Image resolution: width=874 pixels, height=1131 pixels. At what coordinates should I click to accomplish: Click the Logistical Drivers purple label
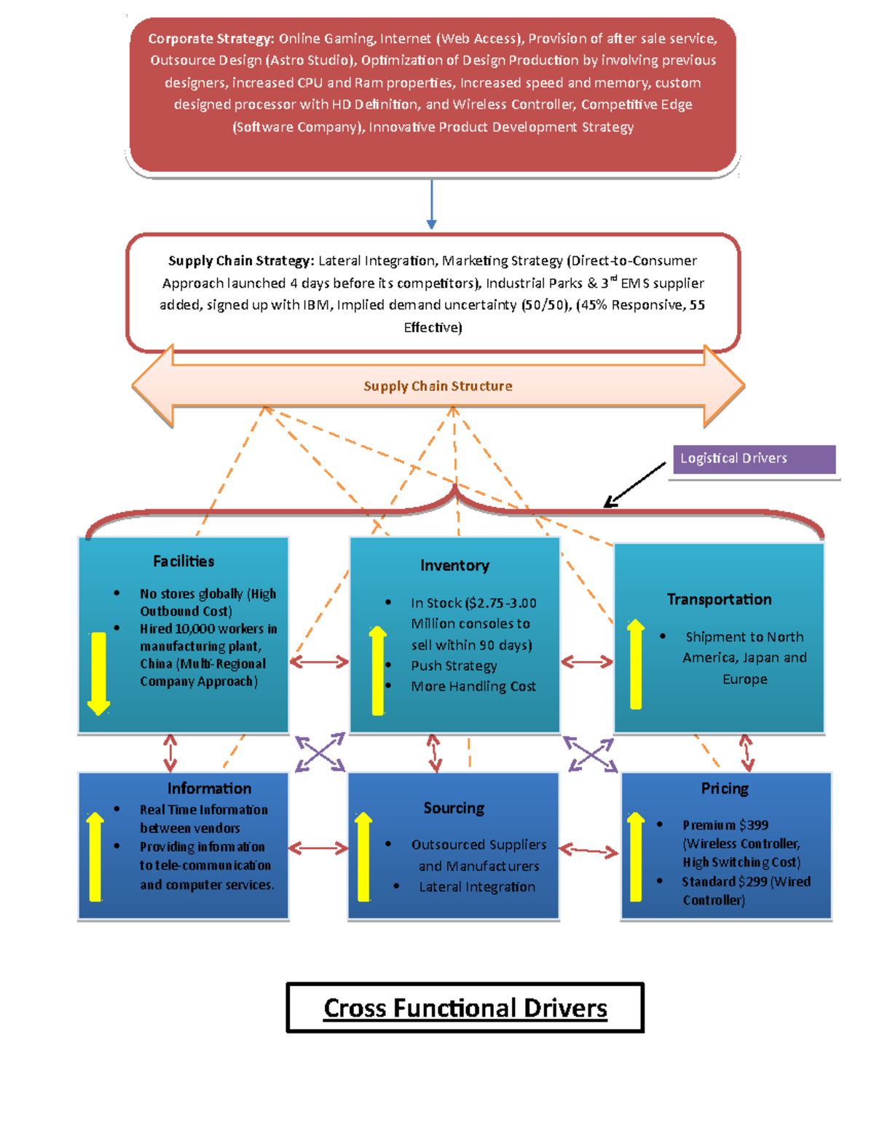tap(754, 459)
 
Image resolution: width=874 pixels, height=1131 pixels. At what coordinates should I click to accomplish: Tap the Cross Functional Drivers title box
tap(465, 1007)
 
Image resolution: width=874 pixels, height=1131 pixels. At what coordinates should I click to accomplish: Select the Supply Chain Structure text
tap(438, 386)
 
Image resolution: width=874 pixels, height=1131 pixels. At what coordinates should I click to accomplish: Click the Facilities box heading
tap(184, 561)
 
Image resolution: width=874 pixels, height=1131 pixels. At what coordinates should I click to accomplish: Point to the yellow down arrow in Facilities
tap(98, 674)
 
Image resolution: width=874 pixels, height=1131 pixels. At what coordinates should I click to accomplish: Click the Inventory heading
tap(454, 565)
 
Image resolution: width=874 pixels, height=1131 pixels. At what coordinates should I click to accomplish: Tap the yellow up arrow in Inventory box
tap(378, 671)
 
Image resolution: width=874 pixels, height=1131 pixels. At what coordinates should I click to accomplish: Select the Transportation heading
tap(719, 599)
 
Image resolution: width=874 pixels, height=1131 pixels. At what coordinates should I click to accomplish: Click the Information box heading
tap(209, 788)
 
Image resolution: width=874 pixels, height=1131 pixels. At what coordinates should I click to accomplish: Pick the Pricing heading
tap(725, 788)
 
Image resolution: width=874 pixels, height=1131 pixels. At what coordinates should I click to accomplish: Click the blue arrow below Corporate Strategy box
tap(431, 204)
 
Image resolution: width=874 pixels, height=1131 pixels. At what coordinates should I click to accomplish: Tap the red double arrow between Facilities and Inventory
tap(319, 661)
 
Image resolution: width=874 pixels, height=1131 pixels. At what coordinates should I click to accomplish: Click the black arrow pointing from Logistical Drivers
tap(634, 484)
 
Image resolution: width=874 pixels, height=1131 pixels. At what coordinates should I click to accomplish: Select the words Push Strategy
tap(454, 666)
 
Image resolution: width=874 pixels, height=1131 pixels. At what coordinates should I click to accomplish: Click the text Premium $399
tap(725, 825)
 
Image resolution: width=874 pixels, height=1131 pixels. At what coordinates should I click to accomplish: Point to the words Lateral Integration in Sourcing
tap(477, 886)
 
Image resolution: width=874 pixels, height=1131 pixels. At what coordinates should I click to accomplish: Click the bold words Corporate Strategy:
tap(211, 39)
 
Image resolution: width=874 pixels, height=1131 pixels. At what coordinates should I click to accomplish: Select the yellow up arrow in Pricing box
tap(636, 856)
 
